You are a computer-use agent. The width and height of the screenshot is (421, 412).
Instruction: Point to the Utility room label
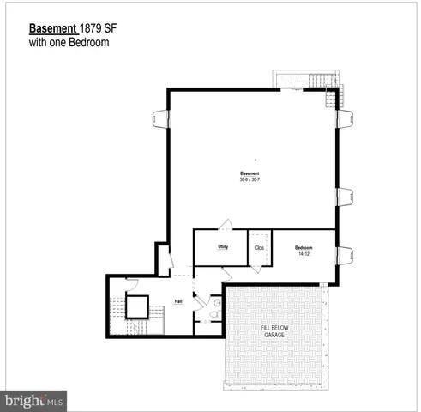(x=222, y=247)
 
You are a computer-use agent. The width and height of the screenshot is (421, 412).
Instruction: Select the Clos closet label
(x=259, y=248)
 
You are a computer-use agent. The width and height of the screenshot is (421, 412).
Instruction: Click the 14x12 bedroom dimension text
(x=303, y=254)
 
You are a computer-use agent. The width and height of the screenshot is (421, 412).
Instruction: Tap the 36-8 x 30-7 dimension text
(x=250, y=179)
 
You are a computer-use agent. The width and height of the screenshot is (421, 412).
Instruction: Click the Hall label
(x=178, y=301)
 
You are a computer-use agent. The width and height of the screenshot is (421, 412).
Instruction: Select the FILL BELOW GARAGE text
(x=275, y=334)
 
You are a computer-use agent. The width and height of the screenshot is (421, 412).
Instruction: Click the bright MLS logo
(x=34, y=400)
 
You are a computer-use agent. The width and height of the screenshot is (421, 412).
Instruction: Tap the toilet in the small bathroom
(x=215, y=315)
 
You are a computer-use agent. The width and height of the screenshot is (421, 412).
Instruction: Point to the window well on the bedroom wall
(x=345, y=254)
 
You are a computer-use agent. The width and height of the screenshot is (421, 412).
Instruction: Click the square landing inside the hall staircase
(x=137, y=306)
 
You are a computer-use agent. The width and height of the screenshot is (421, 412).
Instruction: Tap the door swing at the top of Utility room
(x=226, y=225)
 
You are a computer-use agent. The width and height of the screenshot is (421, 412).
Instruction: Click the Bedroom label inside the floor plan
(x=303, y=246)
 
